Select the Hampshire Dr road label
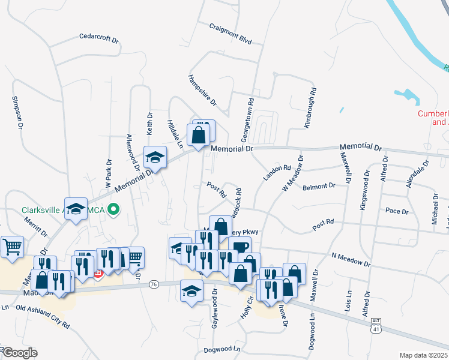(201, 94)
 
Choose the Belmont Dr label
(319, 187)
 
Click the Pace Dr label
(397, 211)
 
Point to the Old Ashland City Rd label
(43, 316)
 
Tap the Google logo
(20, 353)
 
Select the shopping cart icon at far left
(11, 247)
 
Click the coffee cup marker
(240, 247)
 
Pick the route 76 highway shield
(154, 283)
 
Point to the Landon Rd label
(276, 173)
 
